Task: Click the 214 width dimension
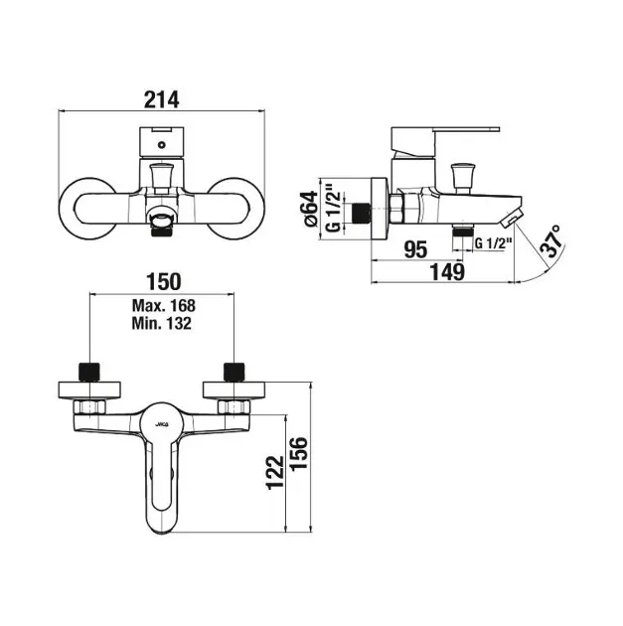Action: pos(161,99)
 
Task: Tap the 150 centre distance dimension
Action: pos(164,281)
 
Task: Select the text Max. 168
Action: pos(164,306)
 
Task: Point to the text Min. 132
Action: pos(162,323)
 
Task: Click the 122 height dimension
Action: pos(274,473)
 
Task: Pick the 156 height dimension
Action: pos(299,454)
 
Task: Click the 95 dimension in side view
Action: pos(415,249)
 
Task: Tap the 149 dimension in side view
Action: pos(447,272)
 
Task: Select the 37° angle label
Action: pos(551,240)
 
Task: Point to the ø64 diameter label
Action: pos(312,209)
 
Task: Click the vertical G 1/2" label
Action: pos(334,209)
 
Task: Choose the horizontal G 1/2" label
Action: pos(493,242)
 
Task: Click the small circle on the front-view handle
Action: pos(161,144)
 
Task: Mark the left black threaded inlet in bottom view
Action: pos(89,372)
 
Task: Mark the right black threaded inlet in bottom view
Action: pos(234,372)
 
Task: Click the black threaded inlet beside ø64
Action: pos(362,214)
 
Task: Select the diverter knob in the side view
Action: pos(463,177)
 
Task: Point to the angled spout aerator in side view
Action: pos(512,218)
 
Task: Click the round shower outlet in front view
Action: pos(161,219)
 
